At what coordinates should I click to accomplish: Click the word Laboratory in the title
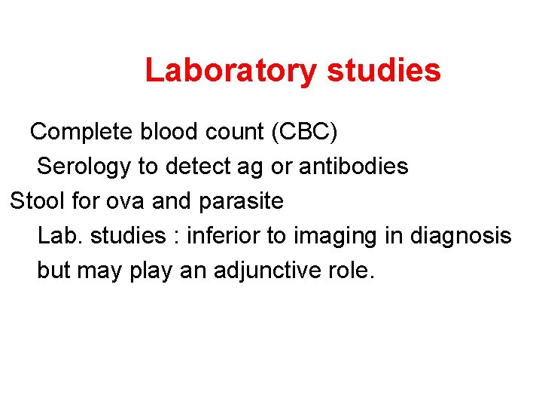(x=231, y=70)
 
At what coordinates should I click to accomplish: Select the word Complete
(x=81, y=132)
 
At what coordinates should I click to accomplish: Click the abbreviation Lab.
(x=59, y=235)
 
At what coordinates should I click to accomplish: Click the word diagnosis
(x=461, y=236)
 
